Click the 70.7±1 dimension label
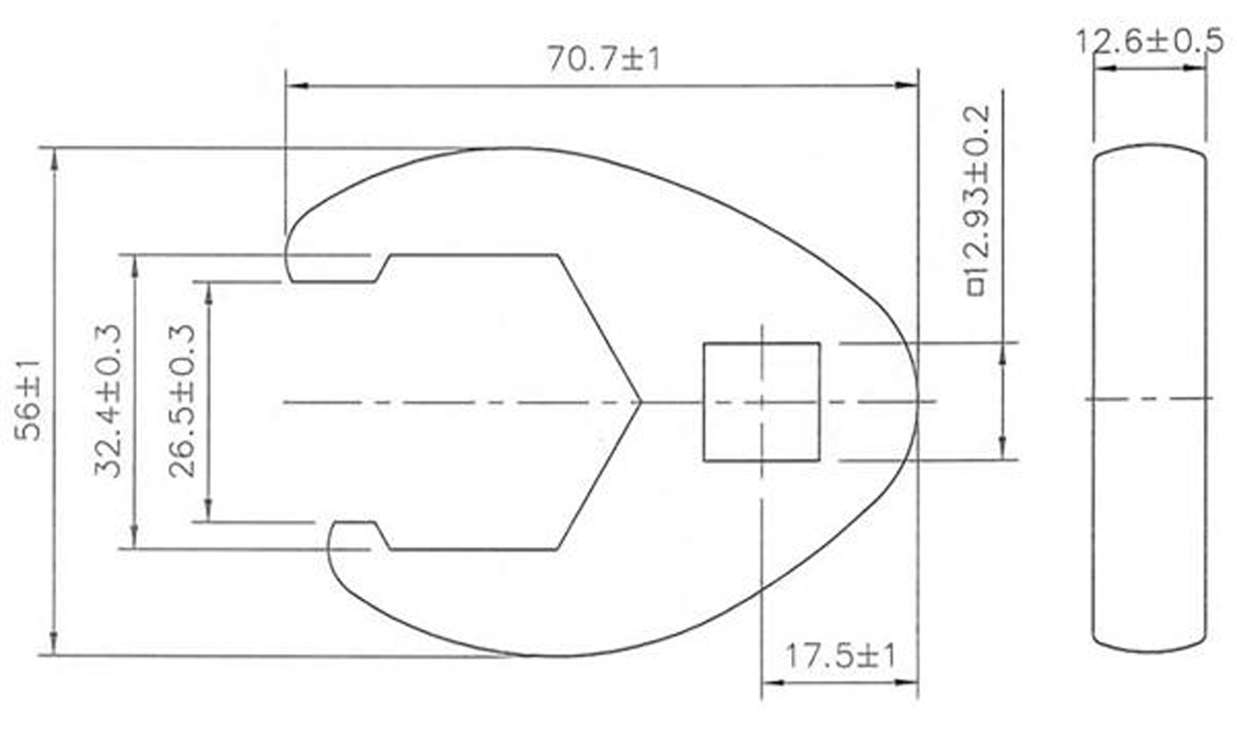[x=603, y=59]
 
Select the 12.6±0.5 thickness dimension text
[x=1150, y=41]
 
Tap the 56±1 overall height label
[x=27, y=401]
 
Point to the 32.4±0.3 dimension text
[x=108, y=401]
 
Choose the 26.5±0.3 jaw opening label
[x=182, y=401]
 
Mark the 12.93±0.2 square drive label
[x=977, y=188]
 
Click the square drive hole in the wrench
[x=761, y=402]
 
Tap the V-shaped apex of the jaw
[x=639, y=402]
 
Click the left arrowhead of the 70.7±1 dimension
[x=296, y=86]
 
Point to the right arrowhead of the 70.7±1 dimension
[x=908, y=86]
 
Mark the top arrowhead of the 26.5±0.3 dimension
[x=209, y=294]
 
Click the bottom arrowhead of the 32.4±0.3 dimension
[x=134, y=537]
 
